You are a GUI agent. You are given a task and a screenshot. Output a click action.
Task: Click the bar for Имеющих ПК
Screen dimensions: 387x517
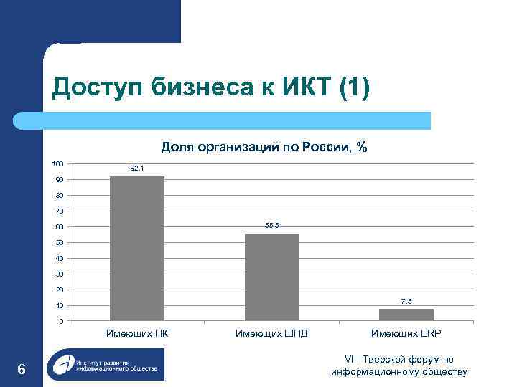(x=137, y=248)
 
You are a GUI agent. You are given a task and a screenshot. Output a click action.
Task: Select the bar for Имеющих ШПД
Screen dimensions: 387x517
(x=271, y=277)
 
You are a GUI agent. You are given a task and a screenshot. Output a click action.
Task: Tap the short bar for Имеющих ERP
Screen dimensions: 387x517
(x=406, y=315)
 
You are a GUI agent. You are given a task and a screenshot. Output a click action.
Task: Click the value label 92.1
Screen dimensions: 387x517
(x=137, y=168)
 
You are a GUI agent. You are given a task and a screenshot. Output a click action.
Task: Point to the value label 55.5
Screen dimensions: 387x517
(x=271, y=226)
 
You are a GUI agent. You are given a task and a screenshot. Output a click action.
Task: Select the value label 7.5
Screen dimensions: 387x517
(x=406, y=301)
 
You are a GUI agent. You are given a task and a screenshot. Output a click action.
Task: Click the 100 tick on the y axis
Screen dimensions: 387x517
(x=57, y=164)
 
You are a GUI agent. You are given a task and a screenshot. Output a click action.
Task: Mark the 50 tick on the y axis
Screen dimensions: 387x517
(x=59, y=243)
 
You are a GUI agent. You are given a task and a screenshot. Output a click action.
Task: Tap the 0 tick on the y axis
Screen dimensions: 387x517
(x=61, y=321)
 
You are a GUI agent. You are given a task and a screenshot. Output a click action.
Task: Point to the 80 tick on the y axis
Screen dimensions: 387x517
(x=59, y=196)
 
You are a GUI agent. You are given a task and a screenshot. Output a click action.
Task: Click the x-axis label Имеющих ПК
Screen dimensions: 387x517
(x=137, y=333)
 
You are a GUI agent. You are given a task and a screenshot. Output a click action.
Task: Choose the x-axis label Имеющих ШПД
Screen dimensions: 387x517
(x=271, y=333)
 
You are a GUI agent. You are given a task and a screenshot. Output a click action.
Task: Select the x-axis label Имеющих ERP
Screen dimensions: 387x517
(x=406, y=333)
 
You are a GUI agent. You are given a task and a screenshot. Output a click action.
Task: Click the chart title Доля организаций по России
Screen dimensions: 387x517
(x=264, y=147)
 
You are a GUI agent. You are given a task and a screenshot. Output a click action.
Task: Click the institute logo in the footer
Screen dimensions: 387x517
(x=105, y=365)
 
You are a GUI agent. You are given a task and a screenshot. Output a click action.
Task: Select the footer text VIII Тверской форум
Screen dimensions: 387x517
(x=399, y=360)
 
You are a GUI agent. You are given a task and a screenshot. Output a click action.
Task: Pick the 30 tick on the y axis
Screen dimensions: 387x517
(x=59, y=274)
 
